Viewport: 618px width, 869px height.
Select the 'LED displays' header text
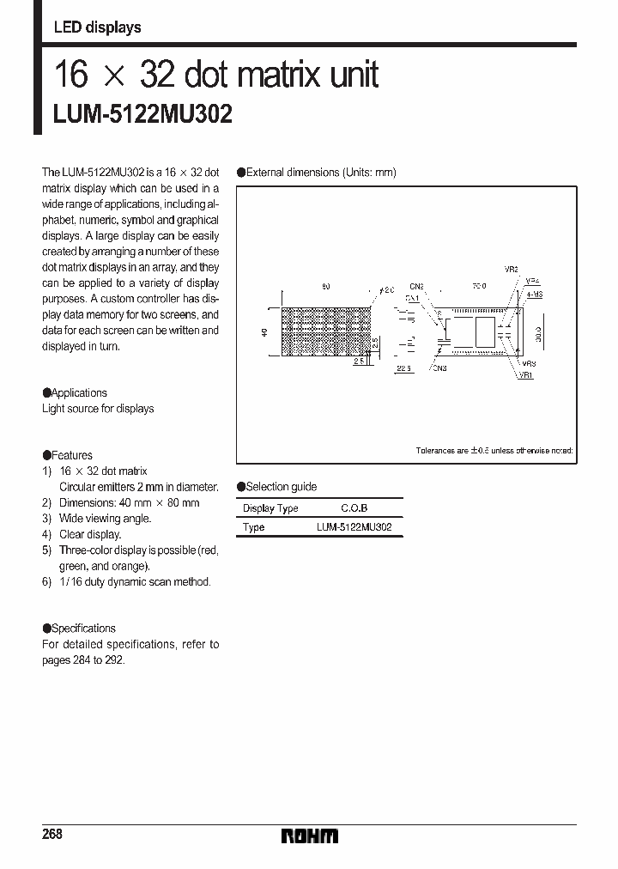pyautogui.click(x=97, y=27)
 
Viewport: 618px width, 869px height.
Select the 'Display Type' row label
pyautogui.click(x=270, y=508)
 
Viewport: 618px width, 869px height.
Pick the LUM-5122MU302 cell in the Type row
pyautogui.click(x=354, y=527)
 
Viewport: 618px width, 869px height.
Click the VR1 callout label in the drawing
pyautogui.click(x=526, y=376)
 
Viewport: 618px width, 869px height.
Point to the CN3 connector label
pyautogui.click(x=439, y=368)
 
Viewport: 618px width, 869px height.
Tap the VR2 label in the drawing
pyautogui.click(x=511, y=270)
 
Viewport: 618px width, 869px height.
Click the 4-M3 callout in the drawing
pyautogui.click(x=533, y=295)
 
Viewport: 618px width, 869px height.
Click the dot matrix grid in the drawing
pyautogui.click(x=326, y=331)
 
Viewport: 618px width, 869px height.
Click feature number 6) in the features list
pyautogui.click(x=47, y=581)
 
